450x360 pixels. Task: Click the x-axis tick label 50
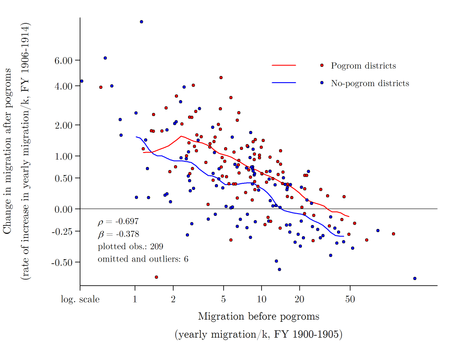350,299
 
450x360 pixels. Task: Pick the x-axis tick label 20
299,299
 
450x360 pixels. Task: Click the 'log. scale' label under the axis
80,299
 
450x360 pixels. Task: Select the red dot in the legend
322,65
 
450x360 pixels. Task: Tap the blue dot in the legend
322,83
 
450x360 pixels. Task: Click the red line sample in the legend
284,65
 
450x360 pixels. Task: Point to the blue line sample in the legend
284,83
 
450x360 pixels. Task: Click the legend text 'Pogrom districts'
363,66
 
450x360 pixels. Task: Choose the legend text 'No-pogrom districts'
370,84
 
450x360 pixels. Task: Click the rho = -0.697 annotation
118,222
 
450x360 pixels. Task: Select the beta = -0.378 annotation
118,234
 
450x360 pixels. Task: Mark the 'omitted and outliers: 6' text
143,259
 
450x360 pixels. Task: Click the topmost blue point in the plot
141,22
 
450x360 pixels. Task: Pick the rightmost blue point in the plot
415,278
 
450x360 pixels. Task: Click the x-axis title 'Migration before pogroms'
258,316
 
